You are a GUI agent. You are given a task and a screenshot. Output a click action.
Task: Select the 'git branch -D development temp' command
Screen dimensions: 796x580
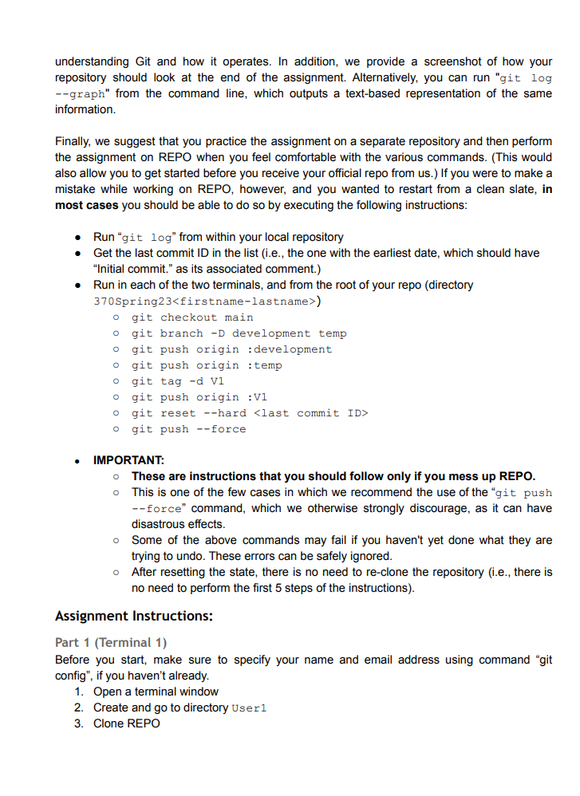click(239, 333)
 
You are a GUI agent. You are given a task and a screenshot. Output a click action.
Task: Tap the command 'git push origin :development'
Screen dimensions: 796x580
click(231, 349)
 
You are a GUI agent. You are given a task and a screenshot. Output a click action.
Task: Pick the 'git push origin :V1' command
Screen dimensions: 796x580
click(199, 397)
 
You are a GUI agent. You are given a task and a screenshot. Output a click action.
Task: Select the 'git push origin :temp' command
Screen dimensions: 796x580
click(207, 365)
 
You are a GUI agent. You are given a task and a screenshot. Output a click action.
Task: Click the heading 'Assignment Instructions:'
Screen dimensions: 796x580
click(133, 616)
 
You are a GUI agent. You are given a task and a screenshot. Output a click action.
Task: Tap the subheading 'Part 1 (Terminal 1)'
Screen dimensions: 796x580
click(111, 642)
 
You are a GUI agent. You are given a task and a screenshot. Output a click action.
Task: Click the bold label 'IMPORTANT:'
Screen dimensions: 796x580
click(128, 460)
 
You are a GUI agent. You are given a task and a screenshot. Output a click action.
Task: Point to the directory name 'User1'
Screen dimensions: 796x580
click(248, 708)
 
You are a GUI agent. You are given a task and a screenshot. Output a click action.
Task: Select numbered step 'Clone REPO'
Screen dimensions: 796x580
click(126, 723)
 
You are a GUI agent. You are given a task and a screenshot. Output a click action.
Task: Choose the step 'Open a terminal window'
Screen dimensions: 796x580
click(156, 692)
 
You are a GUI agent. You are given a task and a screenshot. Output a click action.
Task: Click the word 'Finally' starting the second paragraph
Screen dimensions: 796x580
click(73, 141)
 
